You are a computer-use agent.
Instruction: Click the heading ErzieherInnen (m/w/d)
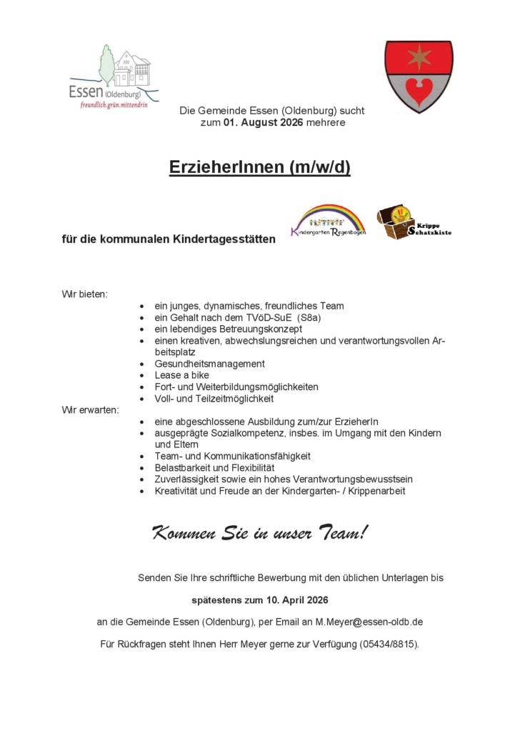260,168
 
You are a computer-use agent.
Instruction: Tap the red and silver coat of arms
419,76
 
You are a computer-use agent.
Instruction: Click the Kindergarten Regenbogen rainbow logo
328,221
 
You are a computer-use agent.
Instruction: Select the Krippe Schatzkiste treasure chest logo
414,222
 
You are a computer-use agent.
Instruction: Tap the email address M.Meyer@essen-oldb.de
369,622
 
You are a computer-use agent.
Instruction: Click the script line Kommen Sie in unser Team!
260,532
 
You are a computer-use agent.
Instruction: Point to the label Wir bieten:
84,294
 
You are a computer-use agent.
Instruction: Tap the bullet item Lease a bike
181,375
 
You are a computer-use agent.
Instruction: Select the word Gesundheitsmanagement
209,364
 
